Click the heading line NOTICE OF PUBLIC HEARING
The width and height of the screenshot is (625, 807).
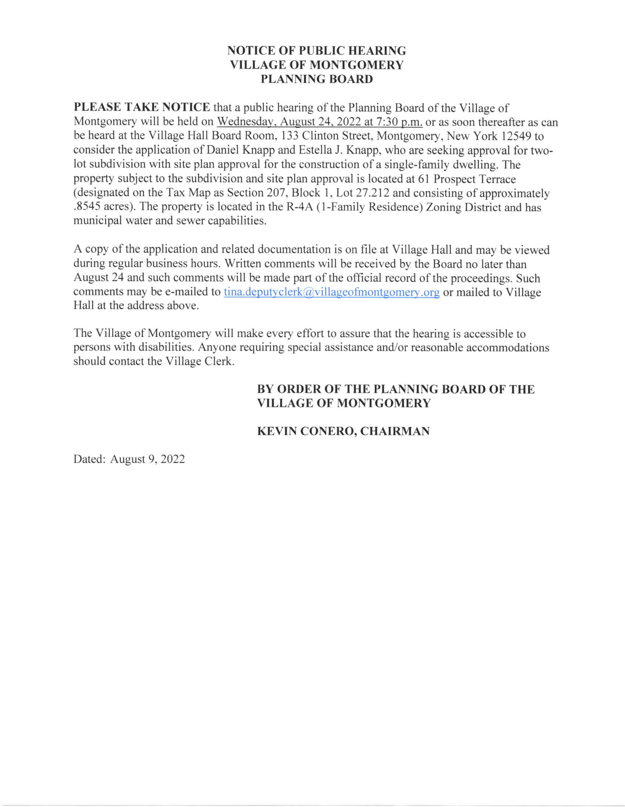click(317, 51)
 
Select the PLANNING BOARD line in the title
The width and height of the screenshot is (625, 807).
click(317, 79)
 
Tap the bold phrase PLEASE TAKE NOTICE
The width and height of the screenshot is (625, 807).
click(142, 108)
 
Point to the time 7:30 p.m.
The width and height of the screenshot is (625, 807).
click(399, 122)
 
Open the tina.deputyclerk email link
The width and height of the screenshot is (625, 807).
click(332, 292)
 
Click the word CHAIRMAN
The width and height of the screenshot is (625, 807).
click(395, 431)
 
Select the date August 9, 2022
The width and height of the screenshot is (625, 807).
click(147, 459)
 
